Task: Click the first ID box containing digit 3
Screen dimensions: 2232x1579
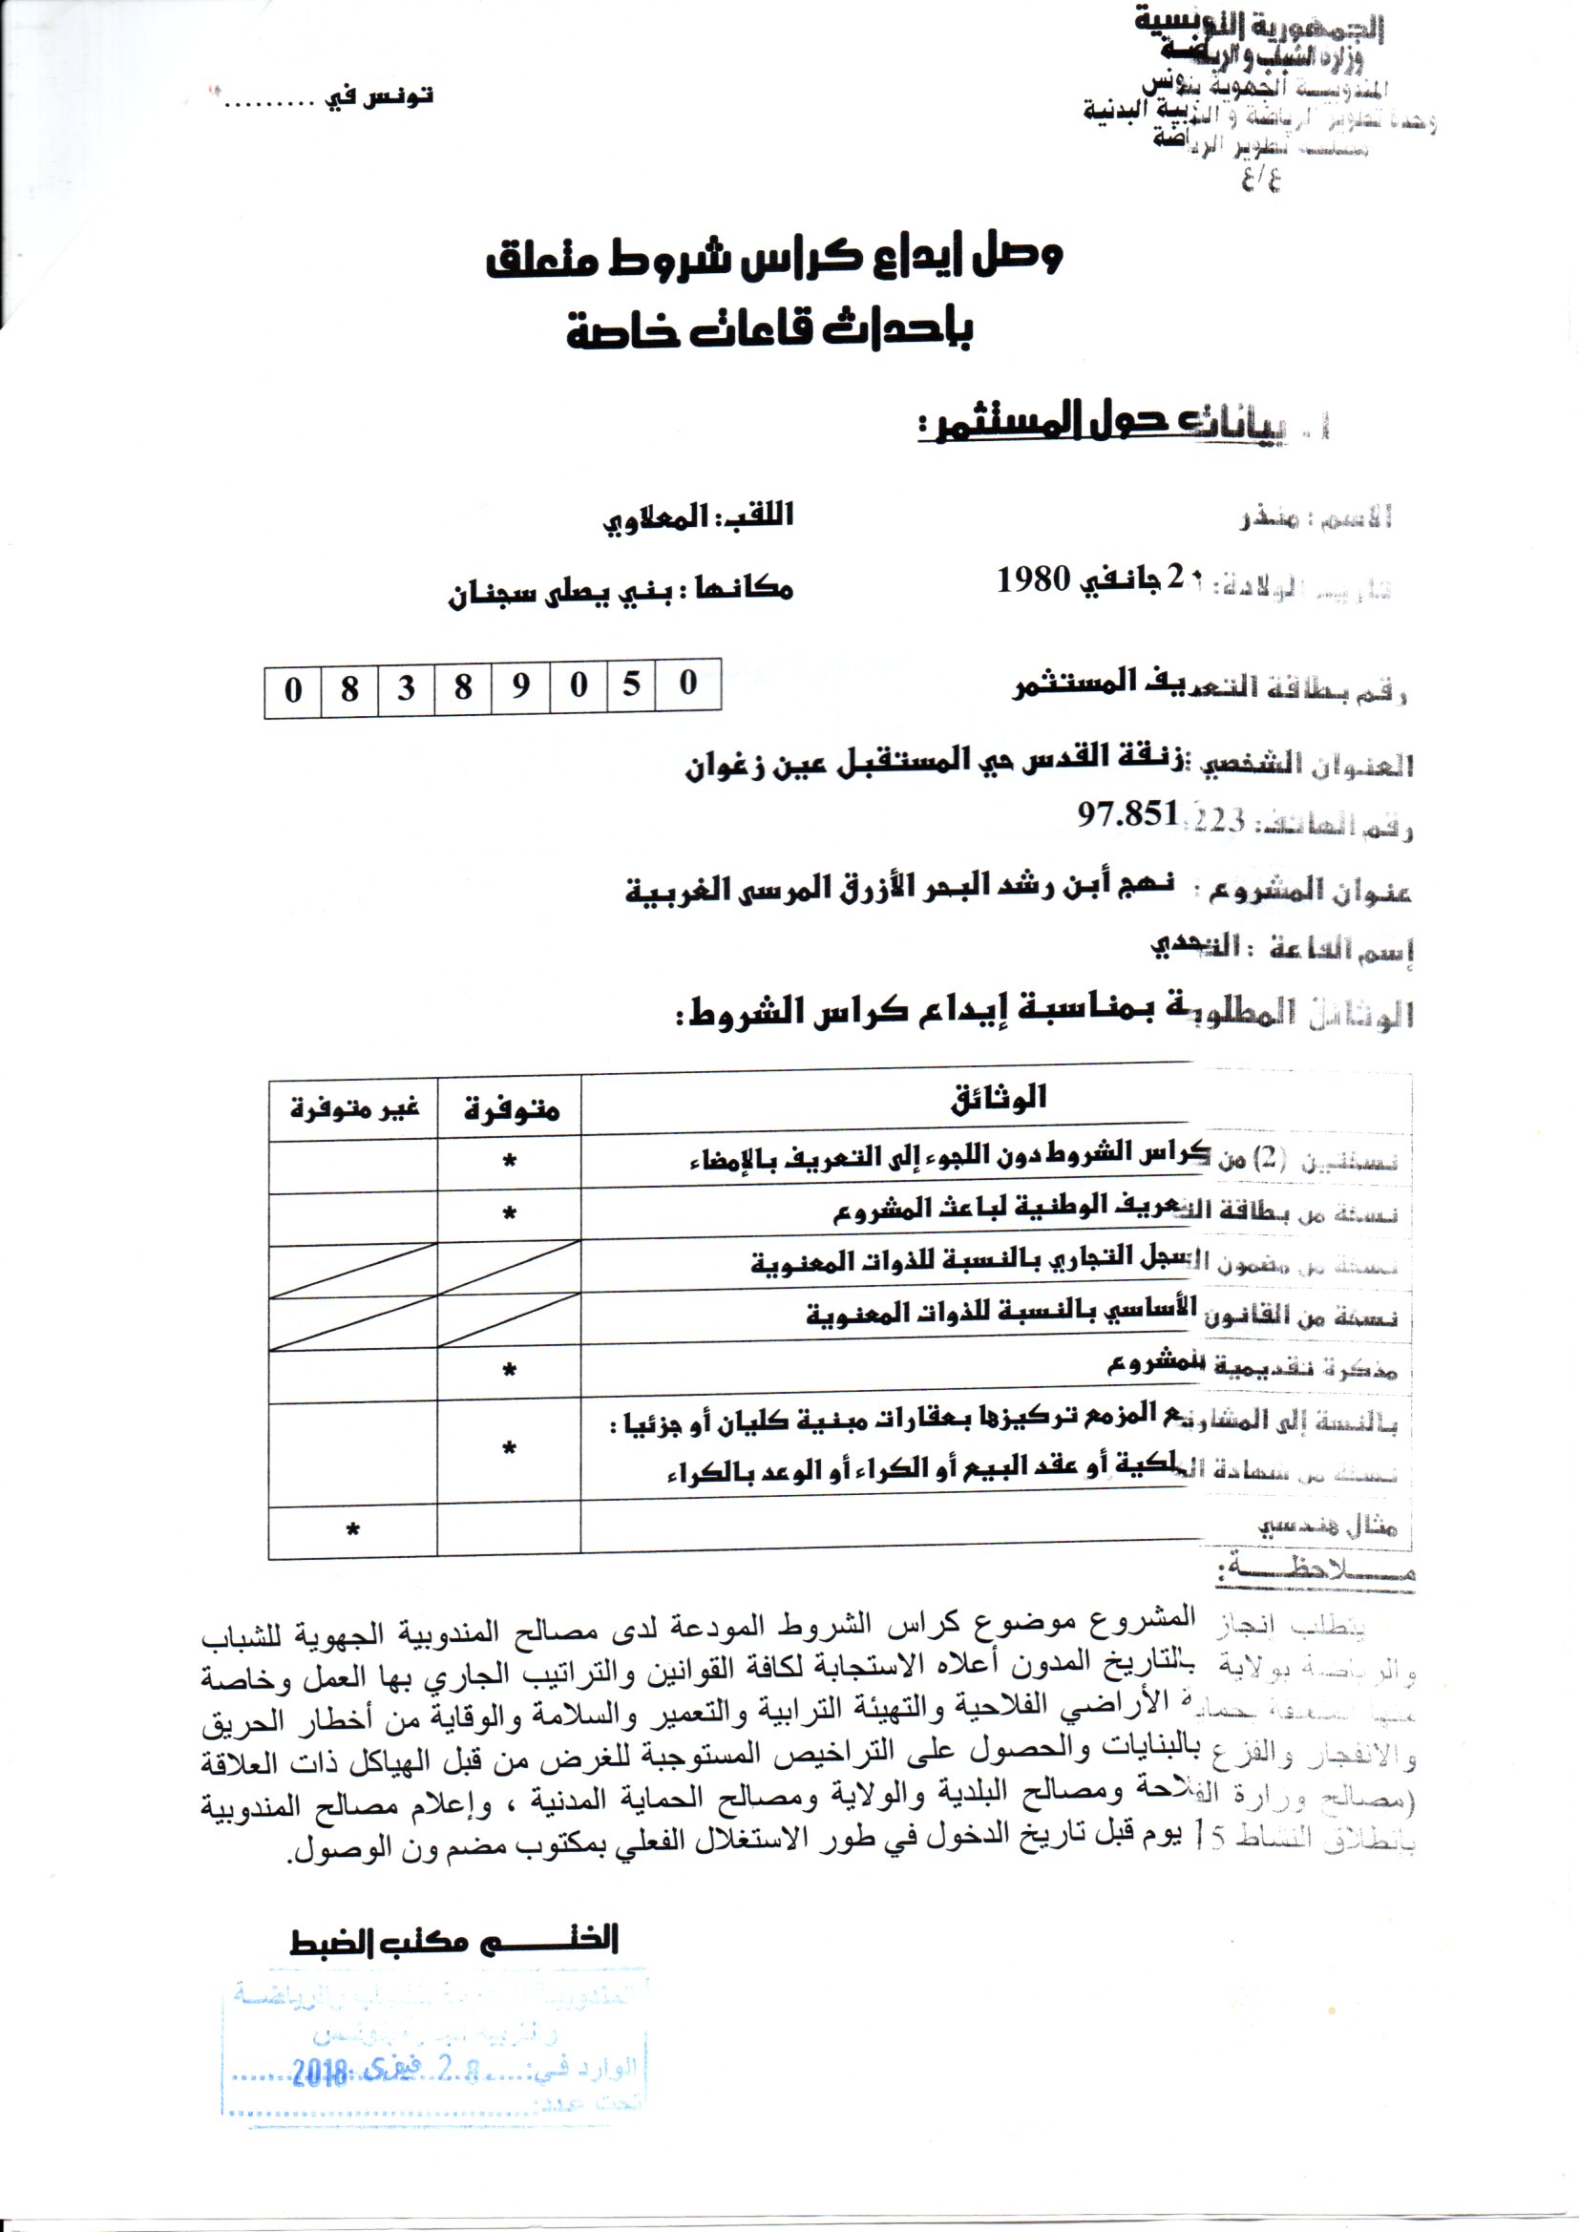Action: point(407,688)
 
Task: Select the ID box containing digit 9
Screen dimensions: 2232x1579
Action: point(521,687)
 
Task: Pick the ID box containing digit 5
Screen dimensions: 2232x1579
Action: point(632,685)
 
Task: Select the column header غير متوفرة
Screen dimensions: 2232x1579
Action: point(354,1108)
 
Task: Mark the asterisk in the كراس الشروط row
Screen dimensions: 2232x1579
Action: point(510,1162)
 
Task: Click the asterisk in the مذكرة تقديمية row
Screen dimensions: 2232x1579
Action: point(510,1372)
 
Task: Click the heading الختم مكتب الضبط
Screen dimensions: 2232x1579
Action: point(455,1942)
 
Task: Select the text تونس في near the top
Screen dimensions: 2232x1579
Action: point(378,97)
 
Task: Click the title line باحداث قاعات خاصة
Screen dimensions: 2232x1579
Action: point(769,330)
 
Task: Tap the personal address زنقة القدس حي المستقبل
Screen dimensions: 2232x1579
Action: point(938,762)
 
